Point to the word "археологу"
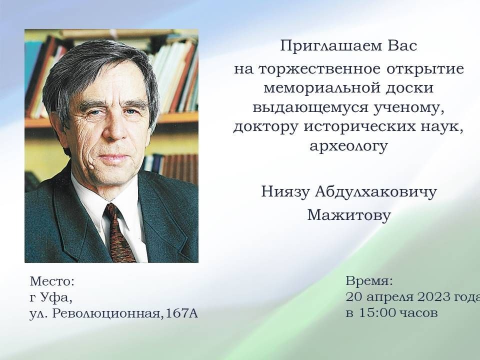[x=348, y=146]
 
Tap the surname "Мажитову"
[x=349, y=215]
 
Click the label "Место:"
[x=52, y=281]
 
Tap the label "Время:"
[x=369, y=280]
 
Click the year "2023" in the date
[x=435, y=297]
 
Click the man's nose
[x=114, y=128]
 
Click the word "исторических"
[x=360, y=127]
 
